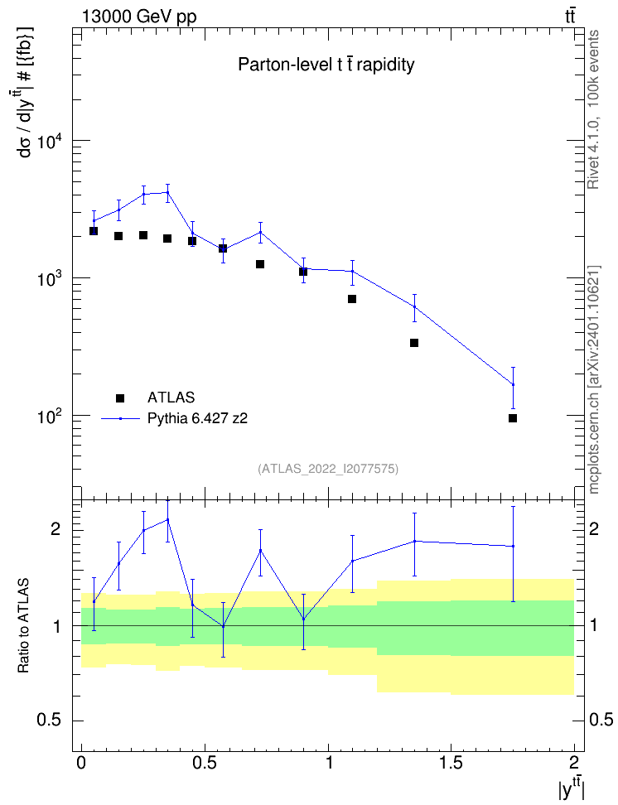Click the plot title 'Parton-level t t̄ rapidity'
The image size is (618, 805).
pyautogui.click(x=326, y=65)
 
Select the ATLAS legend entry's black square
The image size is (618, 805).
pyautogui.click(x=120, y=398)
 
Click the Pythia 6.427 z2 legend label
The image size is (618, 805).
pyautogui.click(x=197, y=418)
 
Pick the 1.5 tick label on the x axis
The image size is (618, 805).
pyautogui.click(x=451, y=762)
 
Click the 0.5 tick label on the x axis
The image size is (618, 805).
pyautogui.click(x=205, y=762)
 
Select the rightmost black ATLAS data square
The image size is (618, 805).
pyautogui.click(x=513, y=418)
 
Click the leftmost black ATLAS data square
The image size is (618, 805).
pyautogui.click(x=94, y=231)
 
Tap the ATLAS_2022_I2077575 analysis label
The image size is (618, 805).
pyautogui.click(x=328, y=469)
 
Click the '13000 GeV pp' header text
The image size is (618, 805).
pyautogui.click(x=139, y=17)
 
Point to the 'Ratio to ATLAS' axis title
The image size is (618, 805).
pyautogui.click(x=23, y=625)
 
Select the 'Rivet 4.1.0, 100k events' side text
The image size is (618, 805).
pyautogui.click(x=593, y=109)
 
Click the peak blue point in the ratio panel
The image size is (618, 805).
pyautogui.click(x=167, y=519)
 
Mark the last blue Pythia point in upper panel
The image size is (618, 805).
pyautogui.click(x=513, y=384)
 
